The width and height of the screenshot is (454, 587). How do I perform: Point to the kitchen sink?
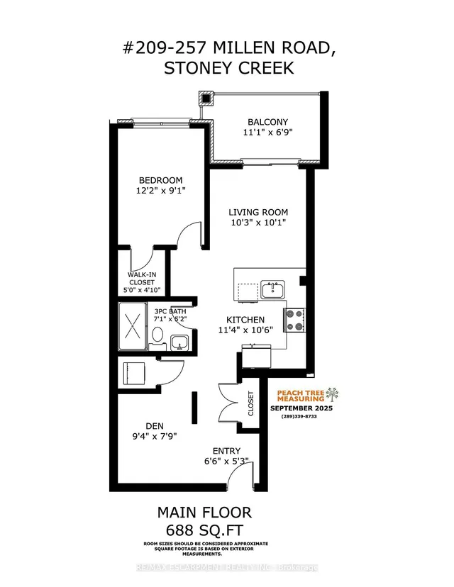(x=272, y=289)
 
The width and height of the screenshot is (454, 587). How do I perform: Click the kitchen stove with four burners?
(x=294, y=320)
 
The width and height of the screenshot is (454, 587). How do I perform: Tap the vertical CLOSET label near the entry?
(x=251, y=404)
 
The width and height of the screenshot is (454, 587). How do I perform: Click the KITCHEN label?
(x=245, y=320)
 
